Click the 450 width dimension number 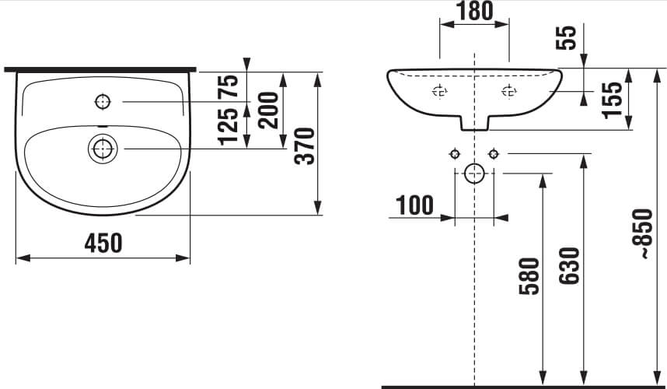[x=103, y=243]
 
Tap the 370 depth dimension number [x=305, y=146]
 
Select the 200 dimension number [x=268, y=110]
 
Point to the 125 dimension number [x=228, y=126]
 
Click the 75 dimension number [x=228, y=86]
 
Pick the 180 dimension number [x=474, y=12]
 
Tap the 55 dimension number [x=566, y=37]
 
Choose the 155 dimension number [x=612, y=100]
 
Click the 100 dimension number [x=415, y=205]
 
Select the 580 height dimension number [x=529, y=276]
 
